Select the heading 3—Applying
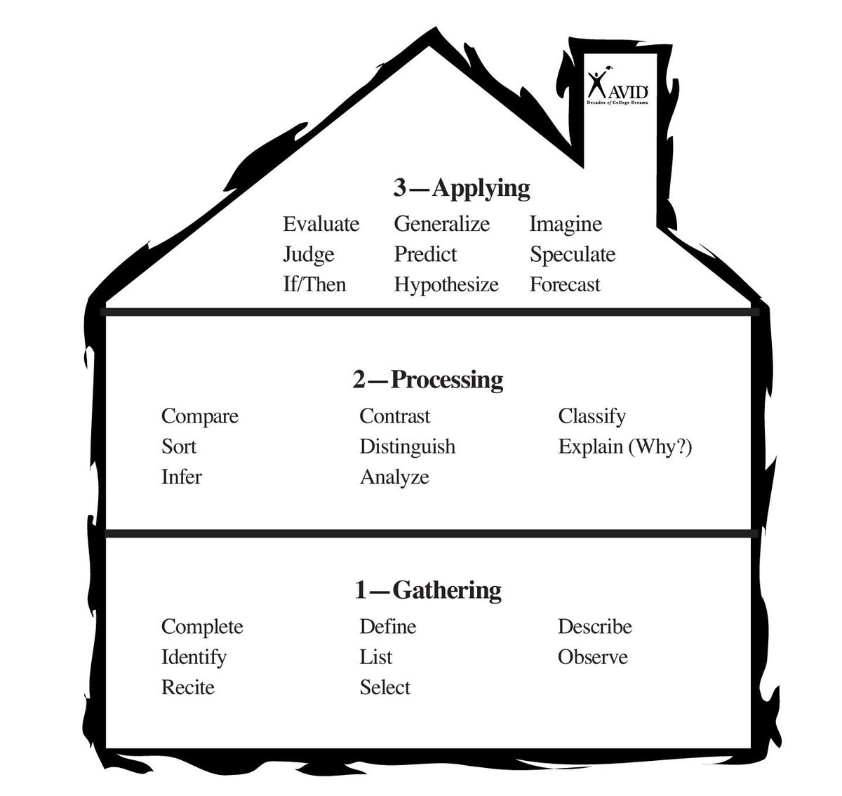coord(462,188)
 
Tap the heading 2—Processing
coord(428,380)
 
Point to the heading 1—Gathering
coord(428,590)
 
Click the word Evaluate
coord(321,225)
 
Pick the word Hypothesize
coord(446,285)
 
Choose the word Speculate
coord(573,255)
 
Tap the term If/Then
coord(314,285)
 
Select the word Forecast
coord(566,285)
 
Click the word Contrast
coord(395,416)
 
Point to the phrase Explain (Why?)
coord(625,447)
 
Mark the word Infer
coord(182,477)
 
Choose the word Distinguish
coord(408,447)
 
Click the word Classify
coord(592,416)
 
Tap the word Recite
coord(188,688)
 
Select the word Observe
coord(593,658)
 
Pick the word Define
coord(388,627)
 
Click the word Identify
coord(194,658)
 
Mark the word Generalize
coord(442,225)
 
